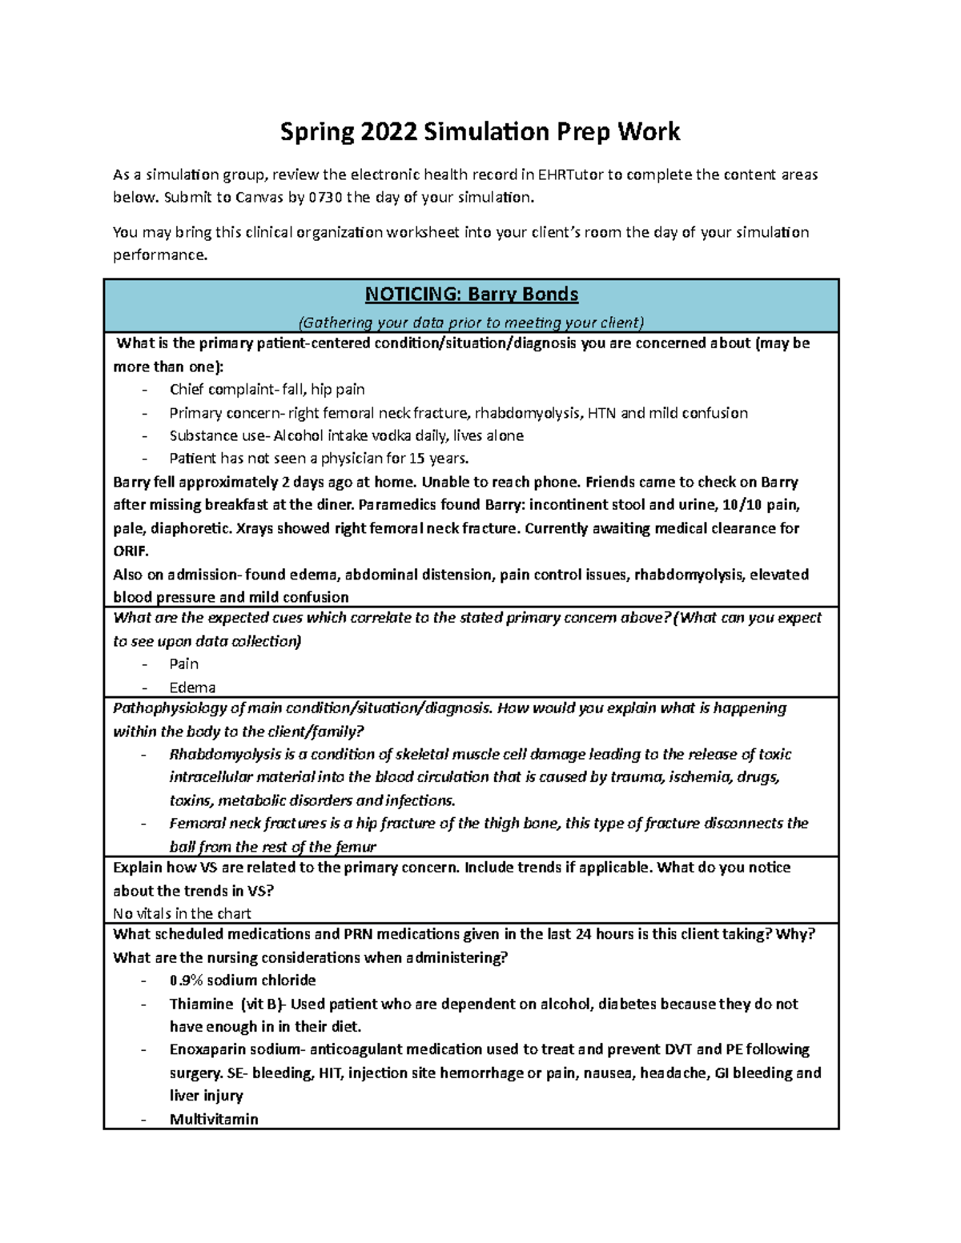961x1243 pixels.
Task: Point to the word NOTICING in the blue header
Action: point(408,294)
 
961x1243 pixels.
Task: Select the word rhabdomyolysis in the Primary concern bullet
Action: point(528,413)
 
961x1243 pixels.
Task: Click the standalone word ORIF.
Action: point(131,551)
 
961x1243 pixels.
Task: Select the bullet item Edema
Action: point(192,688)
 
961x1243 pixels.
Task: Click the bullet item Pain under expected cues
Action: point(183,664)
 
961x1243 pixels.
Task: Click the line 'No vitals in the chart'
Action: point(182,913)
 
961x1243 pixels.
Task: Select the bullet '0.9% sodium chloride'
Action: point(243,980)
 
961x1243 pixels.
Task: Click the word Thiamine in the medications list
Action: point(201,1004)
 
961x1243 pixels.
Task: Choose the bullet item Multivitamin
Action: point(214,1119)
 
